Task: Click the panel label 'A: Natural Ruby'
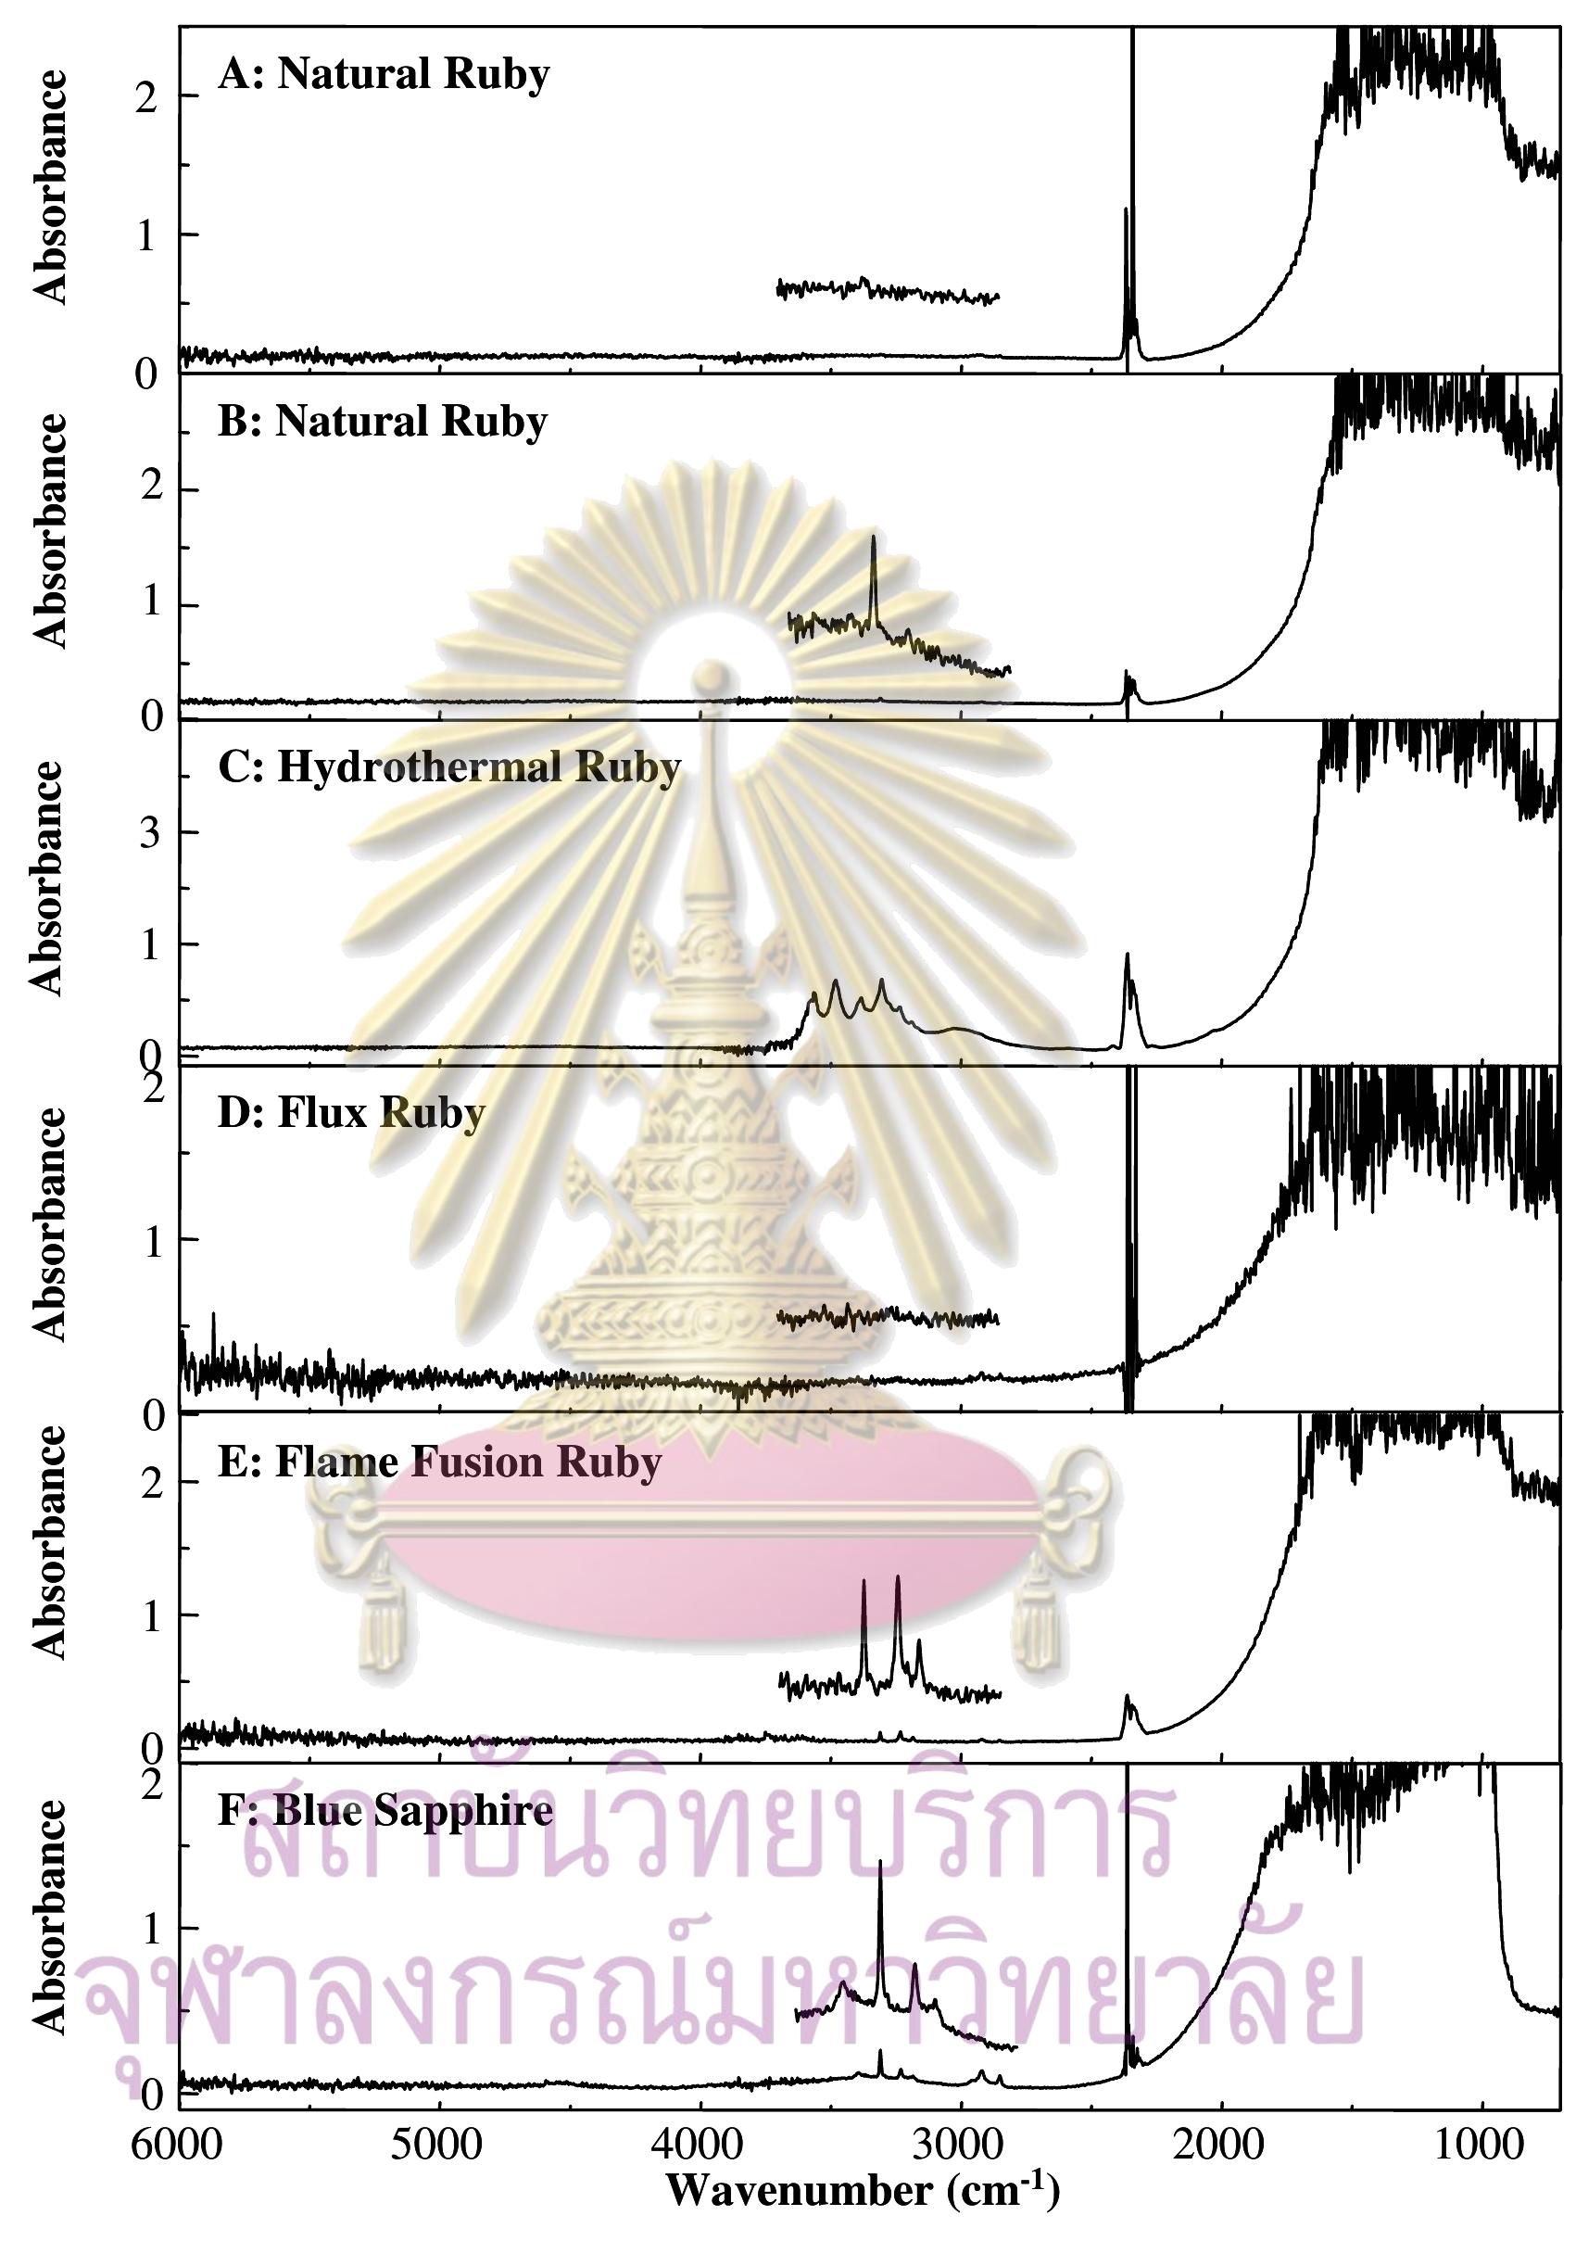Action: coord(384,75)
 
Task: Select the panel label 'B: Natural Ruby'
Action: coord(383,422)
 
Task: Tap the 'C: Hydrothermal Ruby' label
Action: coord(448,767)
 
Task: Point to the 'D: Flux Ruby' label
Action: coord(351,1113)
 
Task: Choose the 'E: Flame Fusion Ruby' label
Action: coord(440,1462)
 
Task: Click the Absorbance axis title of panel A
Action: coord(51,187)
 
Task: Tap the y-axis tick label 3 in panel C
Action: coord(148,832)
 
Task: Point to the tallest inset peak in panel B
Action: coord(874,538)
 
